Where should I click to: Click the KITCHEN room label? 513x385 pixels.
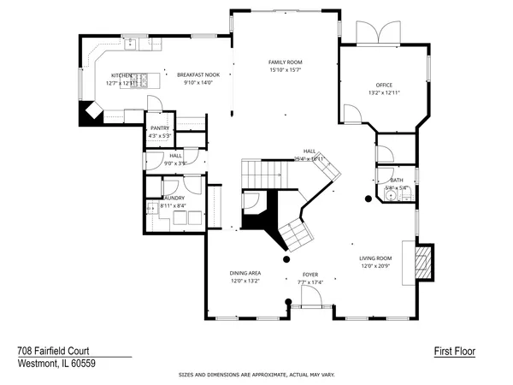click(x=121, y=75)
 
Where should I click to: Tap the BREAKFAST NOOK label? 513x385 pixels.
click(x=198, y=75)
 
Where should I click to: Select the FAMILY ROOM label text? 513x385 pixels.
click(x=286, y=62)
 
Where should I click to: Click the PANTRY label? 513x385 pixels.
click(x=160, y=127)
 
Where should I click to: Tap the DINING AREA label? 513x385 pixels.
click(x=245, y=273)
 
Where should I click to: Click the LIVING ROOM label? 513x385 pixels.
click(x=374, y=258)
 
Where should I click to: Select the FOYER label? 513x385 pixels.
click(x=310, y=274)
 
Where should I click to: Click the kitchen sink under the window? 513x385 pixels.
click(x=133, y=42)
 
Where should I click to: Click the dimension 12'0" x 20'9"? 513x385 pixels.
click(x=374, y=266)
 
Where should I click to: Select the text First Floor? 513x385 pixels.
click(x=454, y=351)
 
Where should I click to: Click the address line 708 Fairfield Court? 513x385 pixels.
click(x=65, y=351)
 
